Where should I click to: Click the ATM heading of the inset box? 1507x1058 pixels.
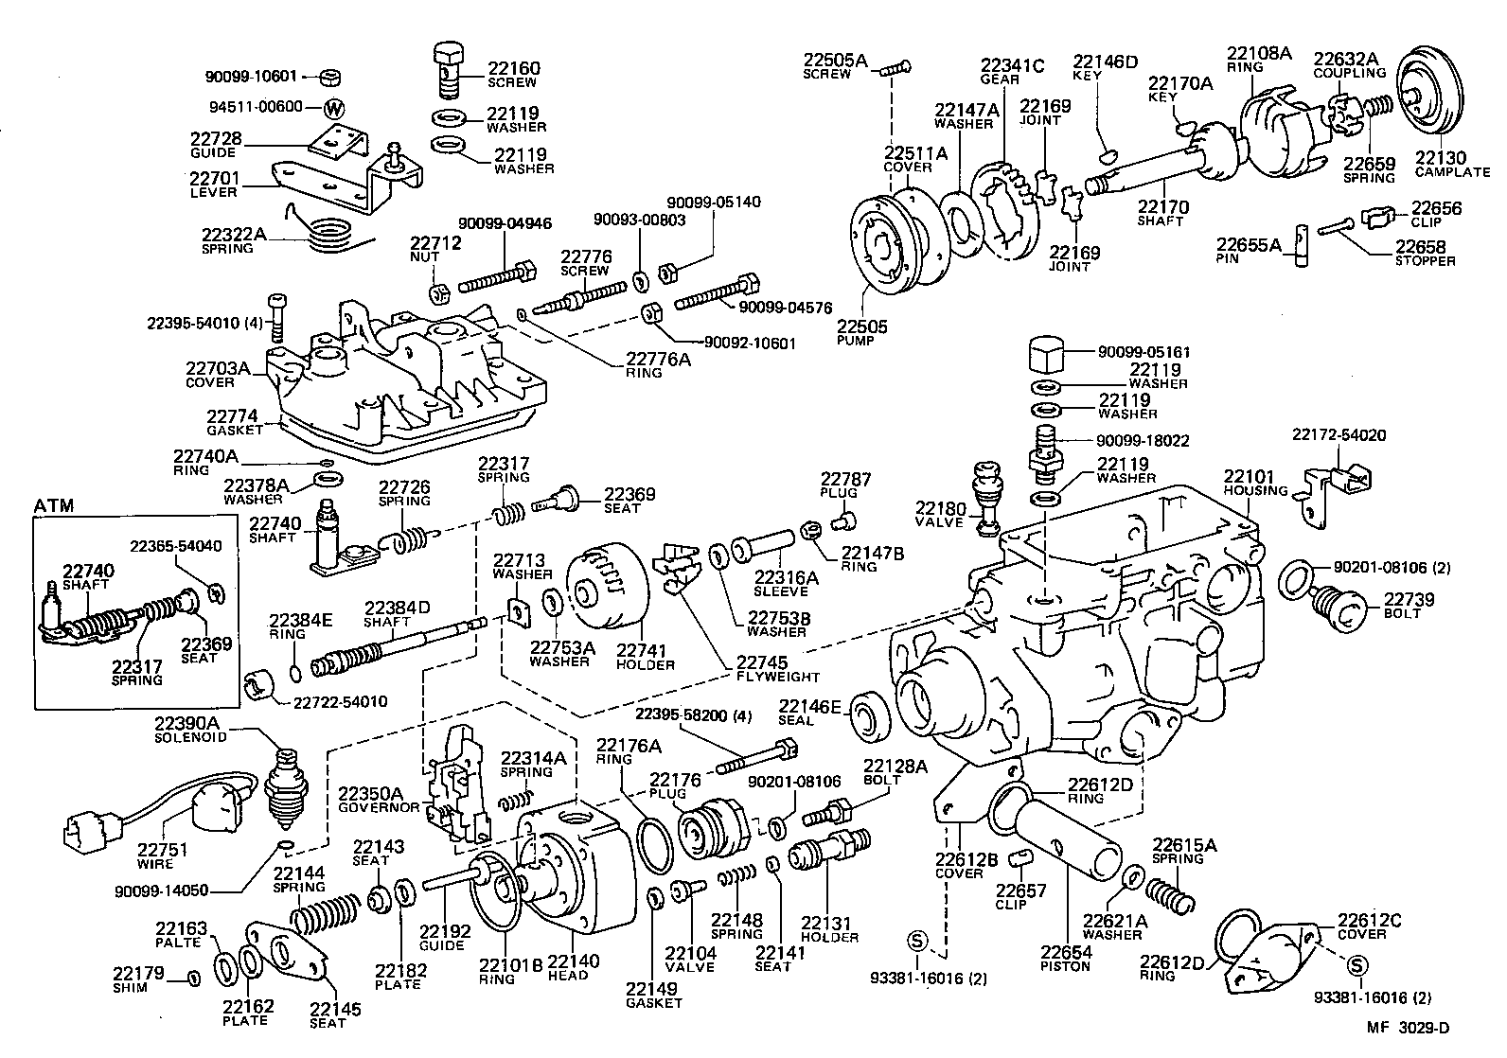pyautogui.click(x=54, y=506)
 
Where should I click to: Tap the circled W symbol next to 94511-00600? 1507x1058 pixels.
pyautogui.click(x=333, y=107)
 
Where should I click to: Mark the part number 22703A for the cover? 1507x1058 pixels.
pyautogui.click(x=217, y=369)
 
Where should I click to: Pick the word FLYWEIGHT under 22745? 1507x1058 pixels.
pyautogui.click(x=776, y=677)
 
